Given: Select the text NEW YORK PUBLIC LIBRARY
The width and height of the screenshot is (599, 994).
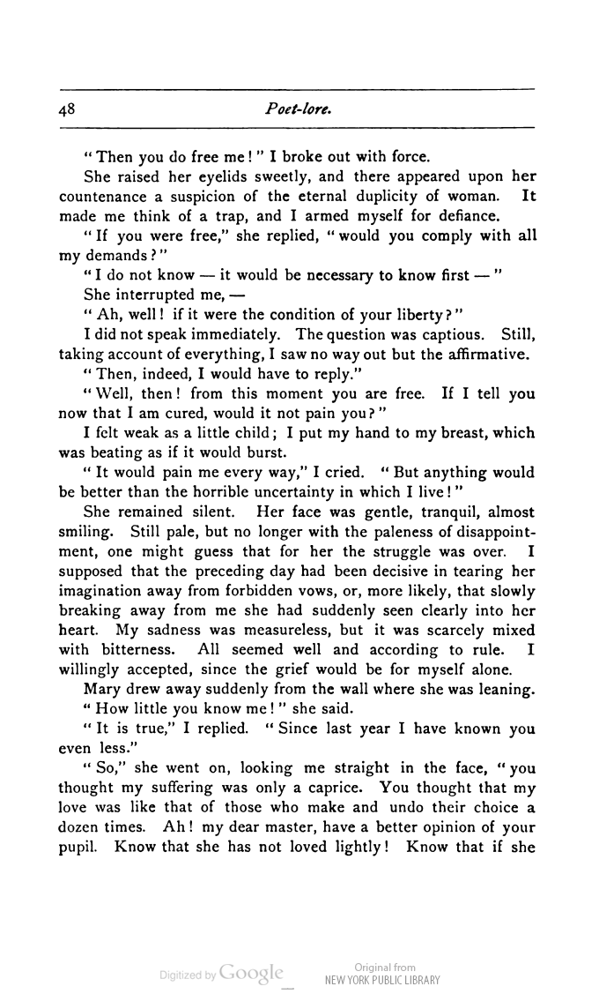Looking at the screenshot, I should click(x=382, y=980).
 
